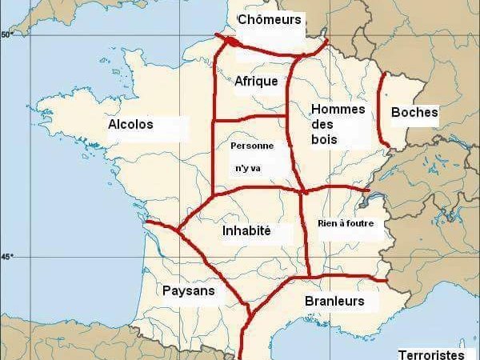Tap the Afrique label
pyautogui.click(x=256, y=81)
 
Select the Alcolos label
pyautogui.click(x=130, y=125)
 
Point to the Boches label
pyautogui.click(x=414, y=113)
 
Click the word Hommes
pyautogui.click(x=337, y=109)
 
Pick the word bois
pyautogui.click(x=324, y=139)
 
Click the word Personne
pyautogui.click(x=251, y=146)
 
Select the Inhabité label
pyautogui.click(x=246, y=231)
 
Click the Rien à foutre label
pyautogui.click(x=346, y=223)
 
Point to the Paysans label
pyautogui.click(x=188, y=291)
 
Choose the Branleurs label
pyautogui.click(x=334, y=302)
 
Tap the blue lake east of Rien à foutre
pyautogui.click(x=365, y=191)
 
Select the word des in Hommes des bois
pyautogui.click(x=321, y=124)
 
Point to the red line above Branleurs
pyautogui.click(x=336, y=278)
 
